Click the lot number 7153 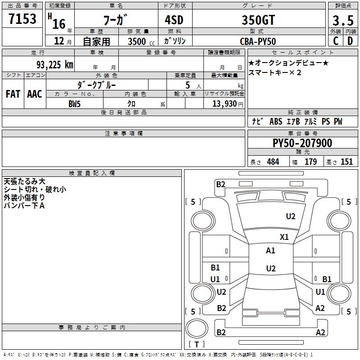22,20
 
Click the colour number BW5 75,103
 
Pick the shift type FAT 13,94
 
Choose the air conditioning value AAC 35,94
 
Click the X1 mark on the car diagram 284,237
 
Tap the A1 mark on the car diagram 270,251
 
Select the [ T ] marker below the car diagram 197,345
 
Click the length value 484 273,162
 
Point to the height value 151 346,162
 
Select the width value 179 310,162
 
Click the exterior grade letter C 335,41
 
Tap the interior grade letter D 350,41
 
